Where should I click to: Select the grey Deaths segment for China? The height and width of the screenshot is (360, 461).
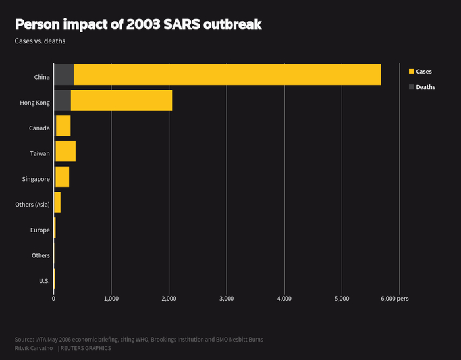tap(64, 75)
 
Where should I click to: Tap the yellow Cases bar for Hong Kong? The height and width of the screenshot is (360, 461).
tap(121, 100)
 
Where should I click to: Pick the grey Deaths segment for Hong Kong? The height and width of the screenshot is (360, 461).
tap(63, 100)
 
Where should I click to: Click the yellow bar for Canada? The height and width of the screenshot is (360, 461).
tap(63, 126)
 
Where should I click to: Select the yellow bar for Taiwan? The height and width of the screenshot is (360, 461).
tap(66, 151)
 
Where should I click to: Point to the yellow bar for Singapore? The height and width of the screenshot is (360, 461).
tap(63, 177)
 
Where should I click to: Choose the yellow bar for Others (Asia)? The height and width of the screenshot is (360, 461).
tap(58, 203)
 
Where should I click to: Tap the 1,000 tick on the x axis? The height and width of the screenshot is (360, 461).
tap(111, 299)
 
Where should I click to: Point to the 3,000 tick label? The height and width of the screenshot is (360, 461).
tap(227, 299)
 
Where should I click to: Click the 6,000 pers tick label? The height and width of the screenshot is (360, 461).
tap(394, 299)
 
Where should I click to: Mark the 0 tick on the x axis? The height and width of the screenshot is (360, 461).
tap(53, 299)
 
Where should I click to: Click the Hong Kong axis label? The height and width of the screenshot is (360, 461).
tap(36, 103)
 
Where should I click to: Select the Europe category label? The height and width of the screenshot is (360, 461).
tap(40, 230)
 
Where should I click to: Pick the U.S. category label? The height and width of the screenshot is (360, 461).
tap(44, 281)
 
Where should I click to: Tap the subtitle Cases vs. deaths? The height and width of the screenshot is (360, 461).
tap(40, 41)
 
